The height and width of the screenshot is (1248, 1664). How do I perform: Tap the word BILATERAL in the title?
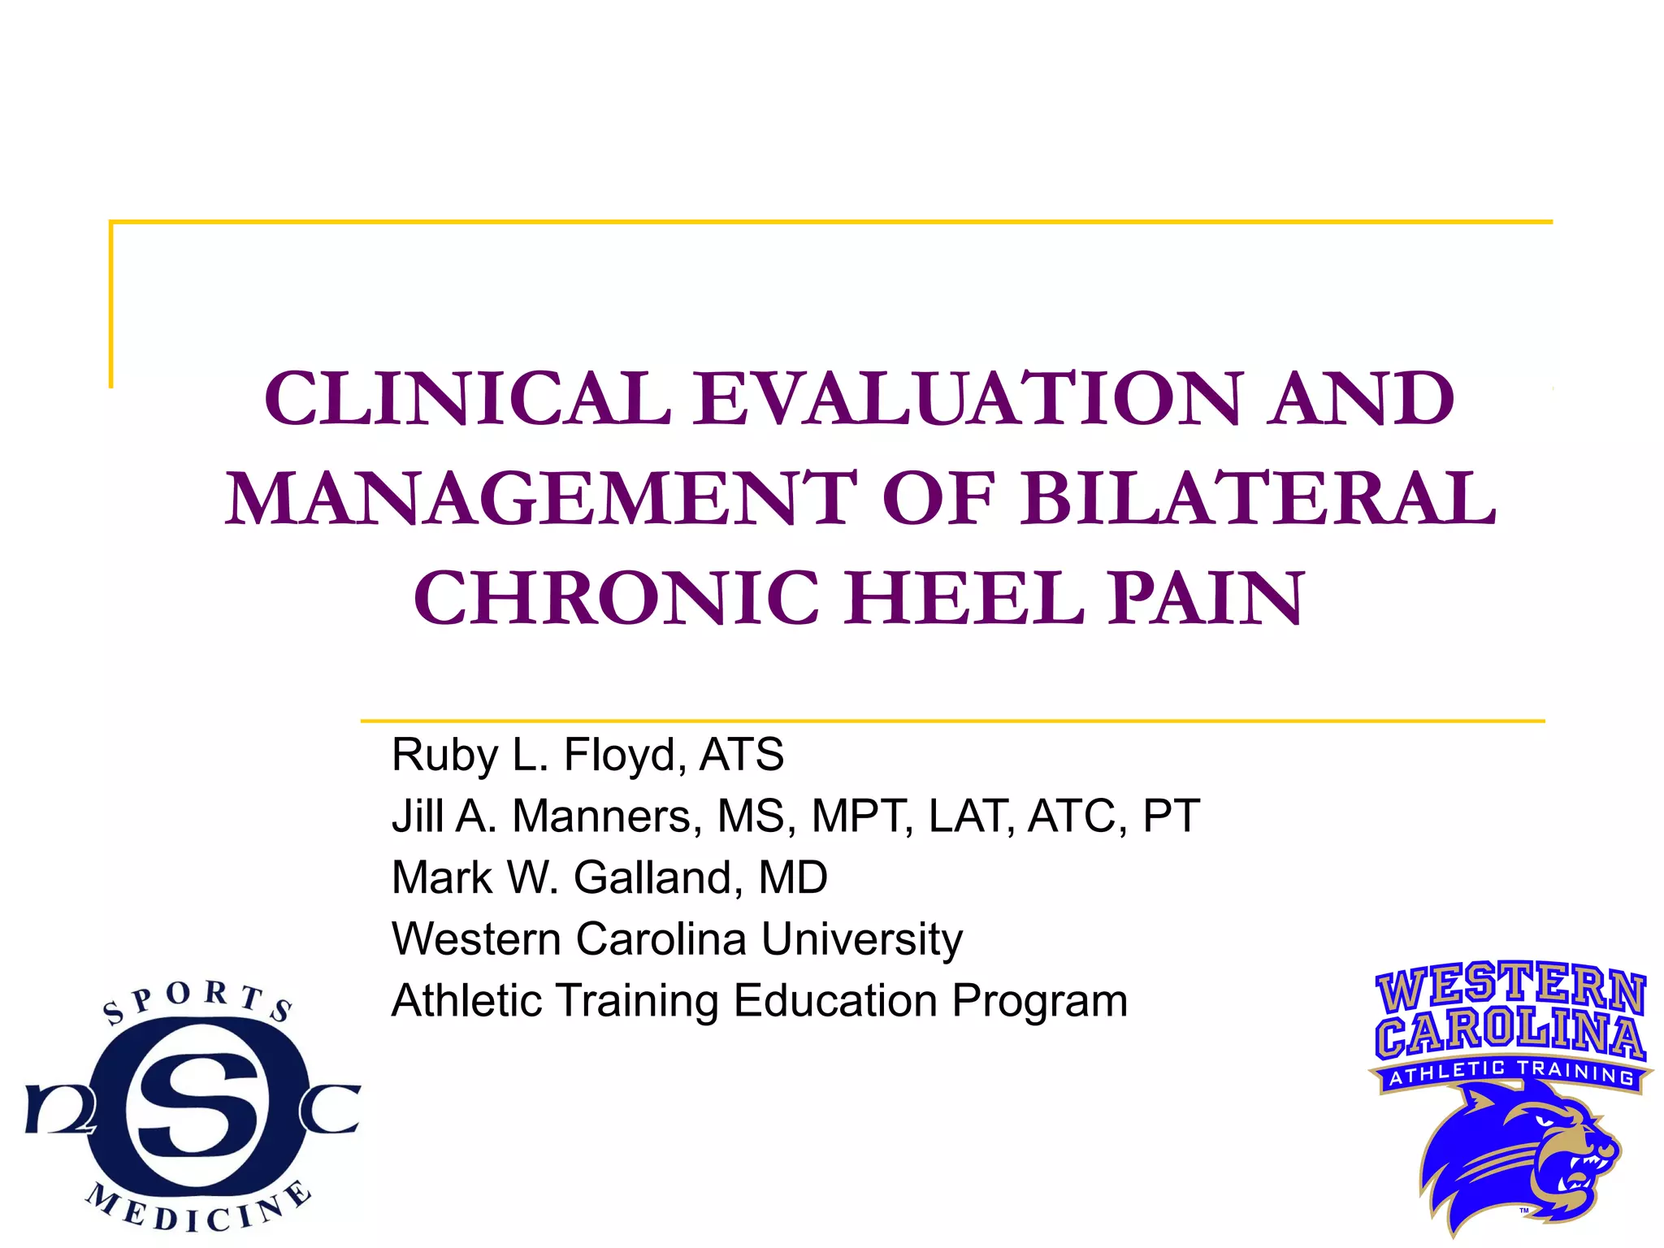(x=1259, y=498)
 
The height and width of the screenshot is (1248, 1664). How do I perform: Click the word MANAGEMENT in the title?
(x=540, y=498)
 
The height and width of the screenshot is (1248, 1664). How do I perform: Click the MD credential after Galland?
(x=792, y=877)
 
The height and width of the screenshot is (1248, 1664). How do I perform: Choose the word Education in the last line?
(x=835, y=1000)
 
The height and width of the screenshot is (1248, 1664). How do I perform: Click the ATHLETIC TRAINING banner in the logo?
(x=1511, y=1074)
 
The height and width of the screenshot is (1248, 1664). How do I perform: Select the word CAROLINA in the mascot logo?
(x=1511, y=1033)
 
